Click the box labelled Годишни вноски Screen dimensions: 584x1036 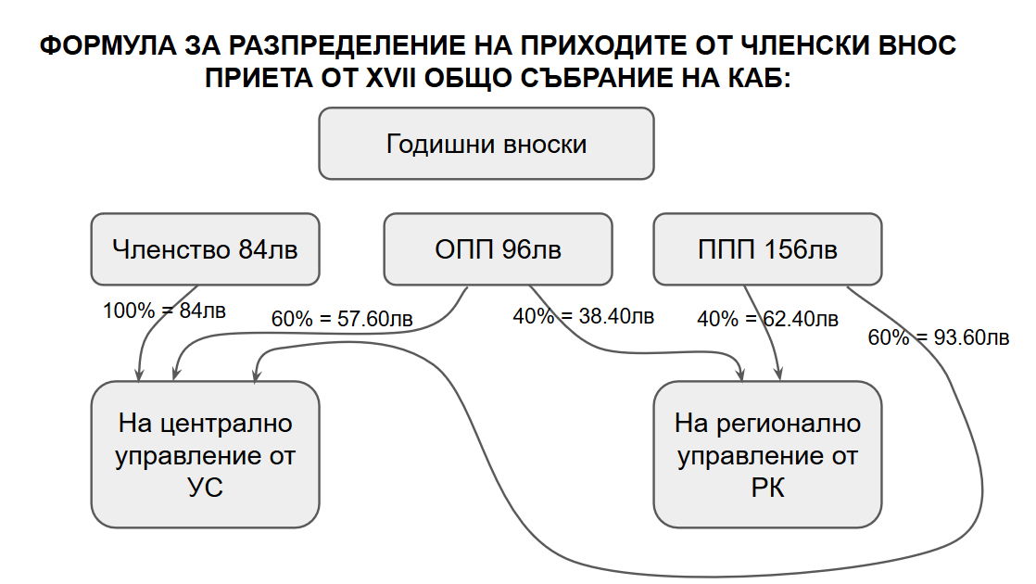click(x=486, y=144)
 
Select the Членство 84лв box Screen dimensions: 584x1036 click(x=205, y=249)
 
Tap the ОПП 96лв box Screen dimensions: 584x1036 click(x=498, y=249)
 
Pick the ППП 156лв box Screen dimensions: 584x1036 click(x=767, y=249)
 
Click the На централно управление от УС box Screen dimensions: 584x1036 click(x=205, y=454)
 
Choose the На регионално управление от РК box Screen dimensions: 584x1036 click(x=767, y=454)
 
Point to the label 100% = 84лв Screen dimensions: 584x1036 click(x=164, y=310)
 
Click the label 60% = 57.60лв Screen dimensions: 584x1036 click(x=342, y=318)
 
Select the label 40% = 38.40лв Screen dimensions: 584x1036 click(x=583, y=316)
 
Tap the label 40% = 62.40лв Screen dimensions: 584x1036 click(x=767, y=319)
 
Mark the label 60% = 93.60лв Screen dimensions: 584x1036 click(x=938, y=337)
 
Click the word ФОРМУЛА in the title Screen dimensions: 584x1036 click(x=111, y=46)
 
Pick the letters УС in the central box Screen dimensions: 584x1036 click(x=205, y=486)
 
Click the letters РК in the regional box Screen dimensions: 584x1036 click(x=767, y=486)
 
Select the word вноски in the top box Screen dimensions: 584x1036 click(x=544, y=145)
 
